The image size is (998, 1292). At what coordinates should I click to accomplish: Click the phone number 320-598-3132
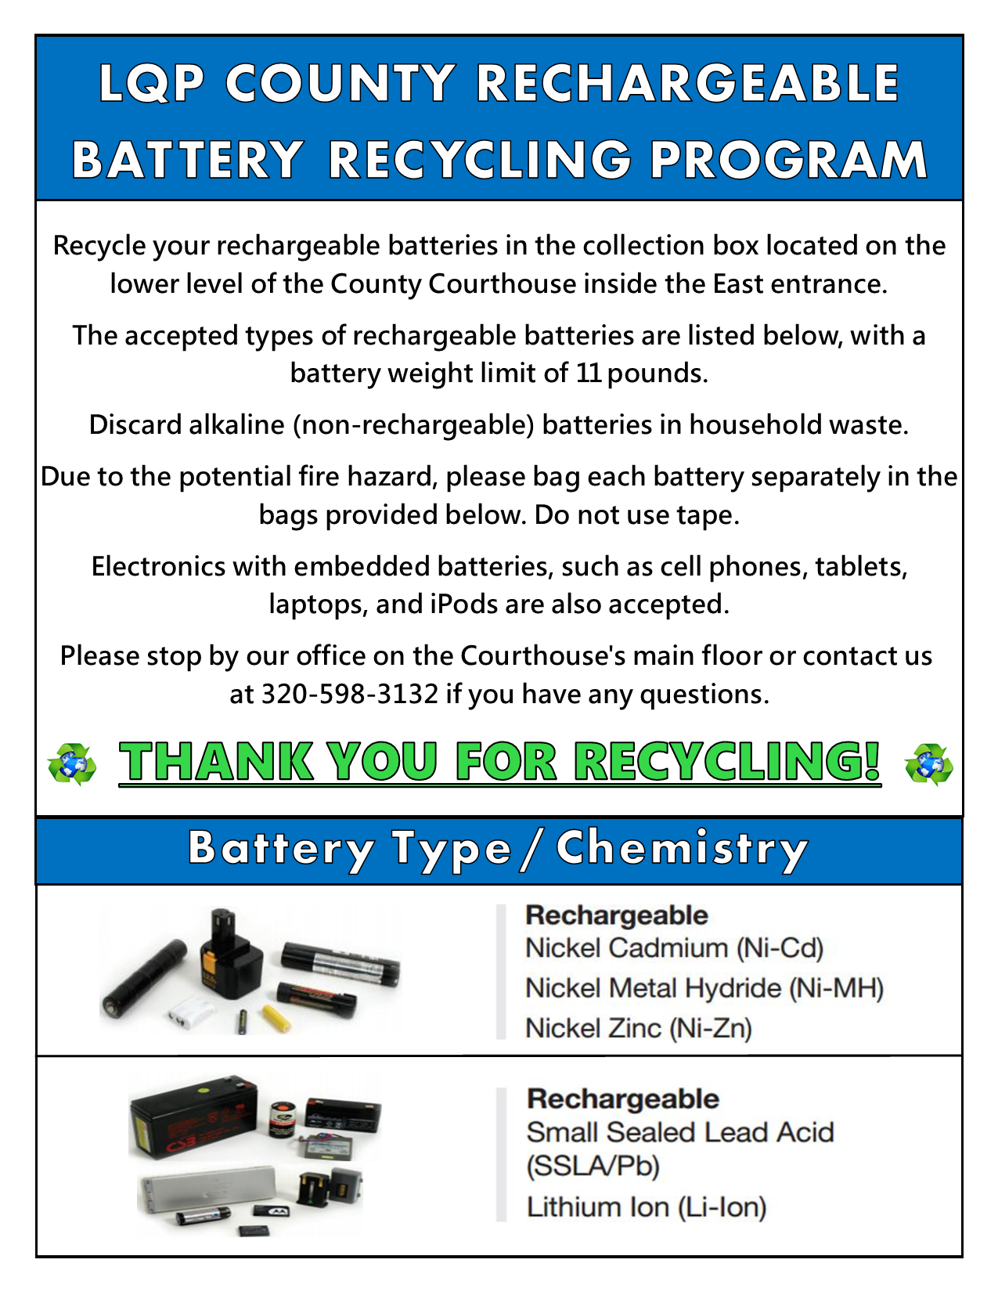click(349, 694)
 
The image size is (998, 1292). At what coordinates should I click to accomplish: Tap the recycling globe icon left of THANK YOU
click(72, 764)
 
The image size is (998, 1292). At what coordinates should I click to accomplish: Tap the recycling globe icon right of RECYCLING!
click(928, 764)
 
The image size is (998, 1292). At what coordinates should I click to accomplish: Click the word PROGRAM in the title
click(789, 160)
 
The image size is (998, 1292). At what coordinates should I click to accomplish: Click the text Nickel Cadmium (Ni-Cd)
click(675, 948)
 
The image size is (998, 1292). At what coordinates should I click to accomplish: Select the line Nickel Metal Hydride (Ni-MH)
click(704, 988)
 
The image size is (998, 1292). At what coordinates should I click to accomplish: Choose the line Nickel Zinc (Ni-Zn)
click(639, 1027)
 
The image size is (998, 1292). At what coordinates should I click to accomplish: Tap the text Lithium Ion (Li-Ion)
click(647, 1207)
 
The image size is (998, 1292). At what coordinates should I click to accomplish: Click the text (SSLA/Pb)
click(593, 1167)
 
